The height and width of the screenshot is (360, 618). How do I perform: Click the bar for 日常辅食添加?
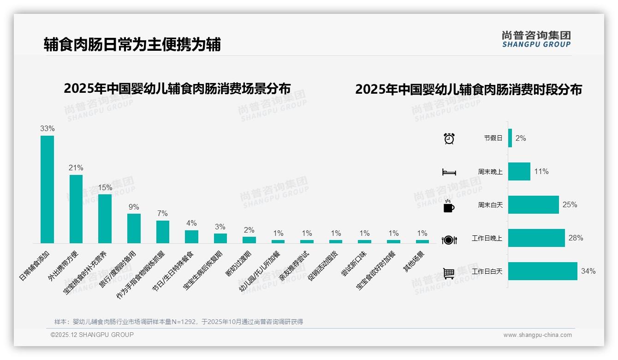pyautogui.click(x=47, y=189)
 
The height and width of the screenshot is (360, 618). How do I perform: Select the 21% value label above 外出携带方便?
pyautogui.click(x=76, y=168)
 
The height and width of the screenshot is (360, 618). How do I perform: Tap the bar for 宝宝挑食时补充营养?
pyautogui.click(x=105, y=218)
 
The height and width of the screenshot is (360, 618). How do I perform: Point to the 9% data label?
pyautogui.click(x=134, y=207)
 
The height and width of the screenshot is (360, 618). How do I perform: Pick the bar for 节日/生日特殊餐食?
pyautogui.click(x=191, y=236)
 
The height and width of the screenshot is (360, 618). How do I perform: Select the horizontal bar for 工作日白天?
pyautogui.click(x=542, y=271)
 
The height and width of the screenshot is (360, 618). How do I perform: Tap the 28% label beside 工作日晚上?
pyautogui.click(x=576, y=238)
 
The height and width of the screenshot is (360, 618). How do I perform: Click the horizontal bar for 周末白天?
pyautogui.click(x=533, y=204)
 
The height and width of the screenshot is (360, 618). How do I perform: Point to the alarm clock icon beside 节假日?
pyautogui.click(x=449, y=138)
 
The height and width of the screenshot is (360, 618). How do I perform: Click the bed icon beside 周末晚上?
pyautogui.click(x=449, y=172)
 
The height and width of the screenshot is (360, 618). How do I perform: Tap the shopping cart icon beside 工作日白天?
pyautogui.click(x=449, y=273)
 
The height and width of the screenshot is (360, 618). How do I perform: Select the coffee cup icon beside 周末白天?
pyautogui.click(x=449, y=206)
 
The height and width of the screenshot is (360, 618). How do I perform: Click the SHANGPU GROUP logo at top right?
pyautogui.click(x=536, y=39)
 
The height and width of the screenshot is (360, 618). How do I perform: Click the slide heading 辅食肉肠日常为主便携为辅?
pyautogui.click(x=132, y=44)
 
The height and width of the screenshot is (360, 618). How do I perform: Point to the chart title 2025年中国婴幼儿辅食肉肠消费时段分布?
pyautogui.click(x=468, y=90)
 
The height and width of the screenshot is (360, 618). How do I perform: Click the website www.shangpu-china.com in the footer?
pyautogui.click(x=537, y=335)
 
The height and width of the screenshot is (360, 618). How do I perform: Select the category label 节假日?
pyautogui.click(x=493, y=138)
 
